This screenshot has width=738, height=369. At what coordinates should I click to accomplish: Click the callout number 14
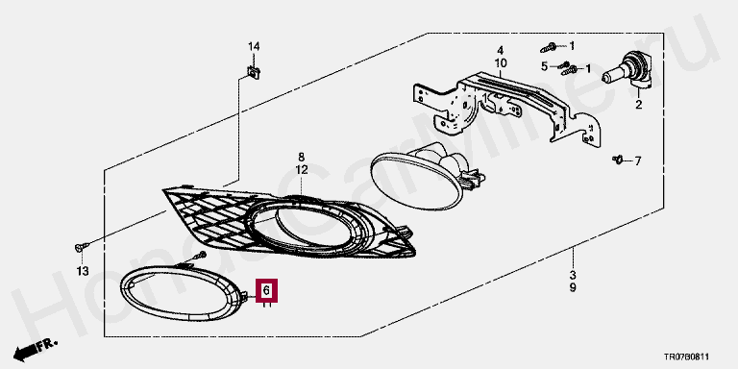click(x=254, y=46)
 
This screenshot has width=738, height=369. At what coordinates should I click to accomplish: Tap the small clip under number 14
click(x=255, y=72)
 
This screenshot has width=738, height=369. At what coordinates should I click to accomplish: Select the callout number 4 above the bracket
click(x=501, y=50)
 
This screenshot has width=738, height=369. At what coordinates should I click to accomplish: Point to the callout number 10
click(x=501, y=63)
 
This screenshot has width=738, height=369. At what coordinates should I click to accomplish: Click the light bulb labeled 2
click(x=629, y=71)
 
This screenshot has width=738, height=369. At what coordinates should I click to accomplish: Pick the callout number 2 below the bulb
click(x=639, y=105)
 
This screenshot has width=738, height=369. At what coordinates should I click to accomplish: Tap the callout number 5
click(x=545, y=66)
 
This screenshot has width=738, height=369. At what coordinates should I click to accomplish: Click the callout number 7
click(x=638, y=161)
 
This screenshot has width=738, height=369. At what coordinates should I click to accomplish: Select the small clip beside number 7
click(x=618, y=160)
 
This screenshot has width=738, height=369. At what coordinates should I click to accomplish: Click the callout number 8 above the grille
click(x=301, y=157)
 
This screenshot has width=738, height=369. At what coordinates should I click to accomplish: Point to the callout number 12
click(x=301, y=169)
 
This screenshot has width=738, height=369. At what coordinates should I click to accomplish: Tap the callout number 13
click(x=83, y=271)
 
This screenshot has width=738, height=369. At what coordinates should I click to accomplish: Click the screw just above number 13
click(x=81, y=247)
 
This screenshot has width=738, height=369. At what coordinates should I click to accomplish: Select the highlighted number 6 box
click(x=266, y=290)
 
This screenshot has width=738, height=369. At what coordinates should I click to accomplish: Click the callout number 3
click(x=573, y=275)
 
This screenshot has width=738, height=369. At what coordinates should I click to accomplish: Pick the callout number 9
click(x=573, y=287)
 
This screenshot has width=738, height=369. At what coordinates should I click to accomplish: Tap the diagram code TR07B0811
click(x=687, y=357)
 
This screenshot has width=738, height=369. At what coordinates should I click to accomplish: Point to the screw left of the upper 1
click(x=550, y=47)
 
